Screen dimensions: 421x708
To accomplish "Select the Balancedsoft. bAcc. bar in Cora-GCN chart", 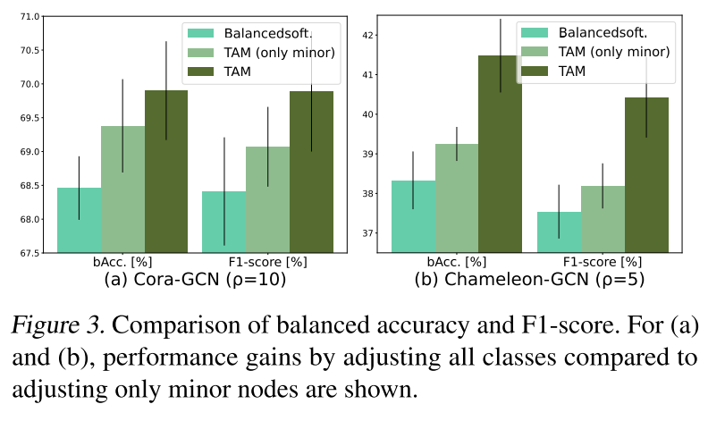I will pos(79,220).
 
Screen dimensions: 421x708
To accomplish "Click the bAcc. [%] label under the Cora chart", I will pos(122,263).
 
